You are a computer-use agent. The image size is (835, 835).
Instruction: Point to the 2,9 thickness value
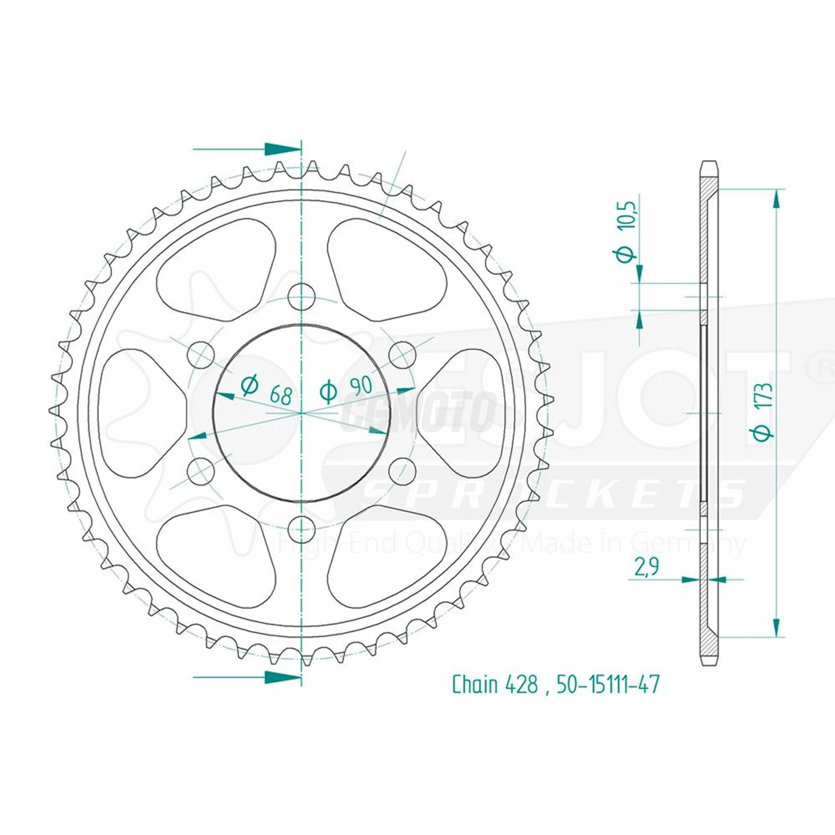coord(647,567)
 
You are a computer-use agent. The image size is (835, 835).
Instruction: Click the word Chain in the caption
coord(475,684)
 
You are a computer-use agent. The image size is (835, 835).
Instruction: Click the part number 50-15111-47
coord(608,684)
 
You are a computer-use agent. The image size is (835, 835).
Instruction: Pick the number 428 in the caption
coord(521,684)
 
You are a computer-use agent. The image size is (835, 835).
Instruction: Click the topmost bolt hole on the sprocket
coord(302,295)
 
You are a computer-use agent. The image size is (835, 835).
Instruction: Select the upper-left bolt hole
coord(200,354)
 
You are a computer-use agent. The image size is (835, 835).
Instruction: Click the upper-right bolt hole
coord(403,354)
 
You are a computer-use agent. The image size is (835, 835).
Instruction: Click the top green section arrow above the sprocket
coord(282,149)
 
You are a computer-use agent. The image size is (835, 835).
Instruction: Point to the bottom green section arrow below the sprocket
coord(282,677)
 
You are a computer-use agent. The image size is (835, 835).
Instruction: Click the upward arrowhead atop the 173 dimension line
coord(776,200)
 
